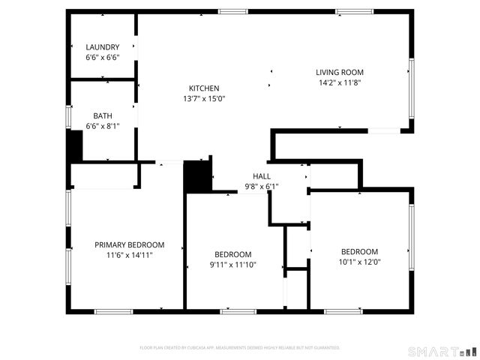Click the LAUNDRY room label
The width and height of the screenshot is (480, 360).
[x=103, y=47]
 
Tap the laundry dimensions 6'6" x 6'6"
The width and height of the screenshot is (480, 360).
[x=103, y=57]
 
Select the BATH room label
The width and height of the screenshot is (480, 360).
[x=103, y=116]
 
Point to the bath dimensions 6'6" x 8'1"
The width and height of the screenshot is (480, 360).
[x=103, y=127]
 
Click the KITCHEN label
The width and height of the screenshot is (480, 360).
[x=204, y=88]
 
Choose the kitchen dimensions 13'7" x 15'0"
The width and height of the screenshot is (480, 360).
[x=204, y=98]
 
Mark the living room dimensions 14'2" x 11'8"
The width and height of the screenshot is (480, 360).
[x=340, y=83]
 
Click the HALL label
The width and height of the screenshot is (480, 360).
[x=261, y=176]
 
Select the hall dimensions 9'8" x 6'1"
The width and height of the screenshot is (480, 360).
[x=261, y=187]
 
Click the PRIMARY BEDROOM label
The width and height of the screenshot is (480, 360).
[x=129, y=244]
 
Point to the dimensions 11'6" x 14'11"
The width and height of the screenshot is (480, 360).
[x=129, y=255]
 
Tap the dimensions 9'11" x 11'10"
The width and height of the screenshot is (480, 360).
[x=232, y=265]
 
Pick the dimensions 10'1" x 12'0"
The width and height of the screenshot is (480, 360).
[x=359, y=262]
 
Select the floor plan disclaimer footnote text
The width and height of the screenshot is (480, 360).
[x=240, y=348]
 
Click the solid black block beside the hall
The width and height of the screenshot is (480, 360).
[x=197, y=177]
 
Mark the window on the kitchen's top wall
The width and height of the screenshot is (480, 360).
[x=232, y=11]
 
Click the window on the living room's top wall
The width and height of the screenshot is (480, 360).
[x=355, y=11]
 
